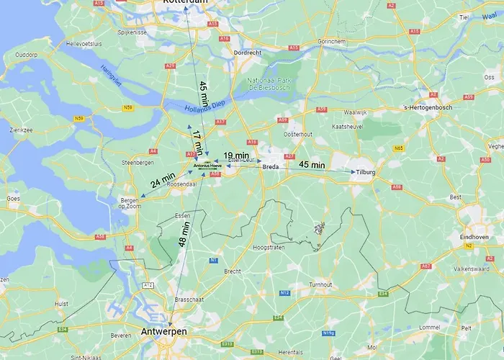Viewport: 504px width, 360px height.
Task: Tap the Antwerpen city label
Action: click(163, 331)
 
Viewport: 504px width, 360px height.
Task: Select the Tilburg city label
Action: click(366, 172)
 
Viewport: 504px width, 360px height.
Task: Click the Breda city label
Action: click(271, 166)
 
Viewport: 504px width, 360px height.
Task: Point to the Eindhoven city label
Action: click(482, 237)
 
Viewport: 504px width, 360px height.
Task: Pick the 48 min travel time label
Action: click(185, 233)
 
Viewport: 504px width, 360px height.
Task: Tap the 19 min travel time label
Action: click(235, 156)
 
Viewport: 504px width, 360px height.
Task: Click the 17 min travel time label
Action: click(197, 140)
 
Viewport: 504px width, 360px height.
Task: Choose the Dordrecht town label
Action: click(247, 53)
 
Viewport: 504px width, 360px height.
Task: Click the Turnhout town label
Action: click(320, 284)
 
